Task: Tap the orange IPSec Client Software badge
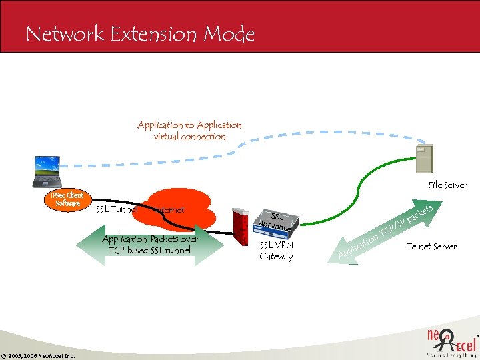click(x=67, y=199)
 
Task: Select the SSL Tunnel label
click(x=117, y=209)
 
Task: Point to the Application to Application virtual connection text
click(x=189, y=131)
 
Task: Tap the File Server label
click(x=447, y=185)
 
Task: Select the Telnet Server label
click(x=432, y=247)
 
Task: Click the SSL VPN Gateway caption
click(x=276, y=251)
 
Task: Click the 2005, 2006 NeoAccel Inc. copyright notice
click(x=38, y=355)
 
